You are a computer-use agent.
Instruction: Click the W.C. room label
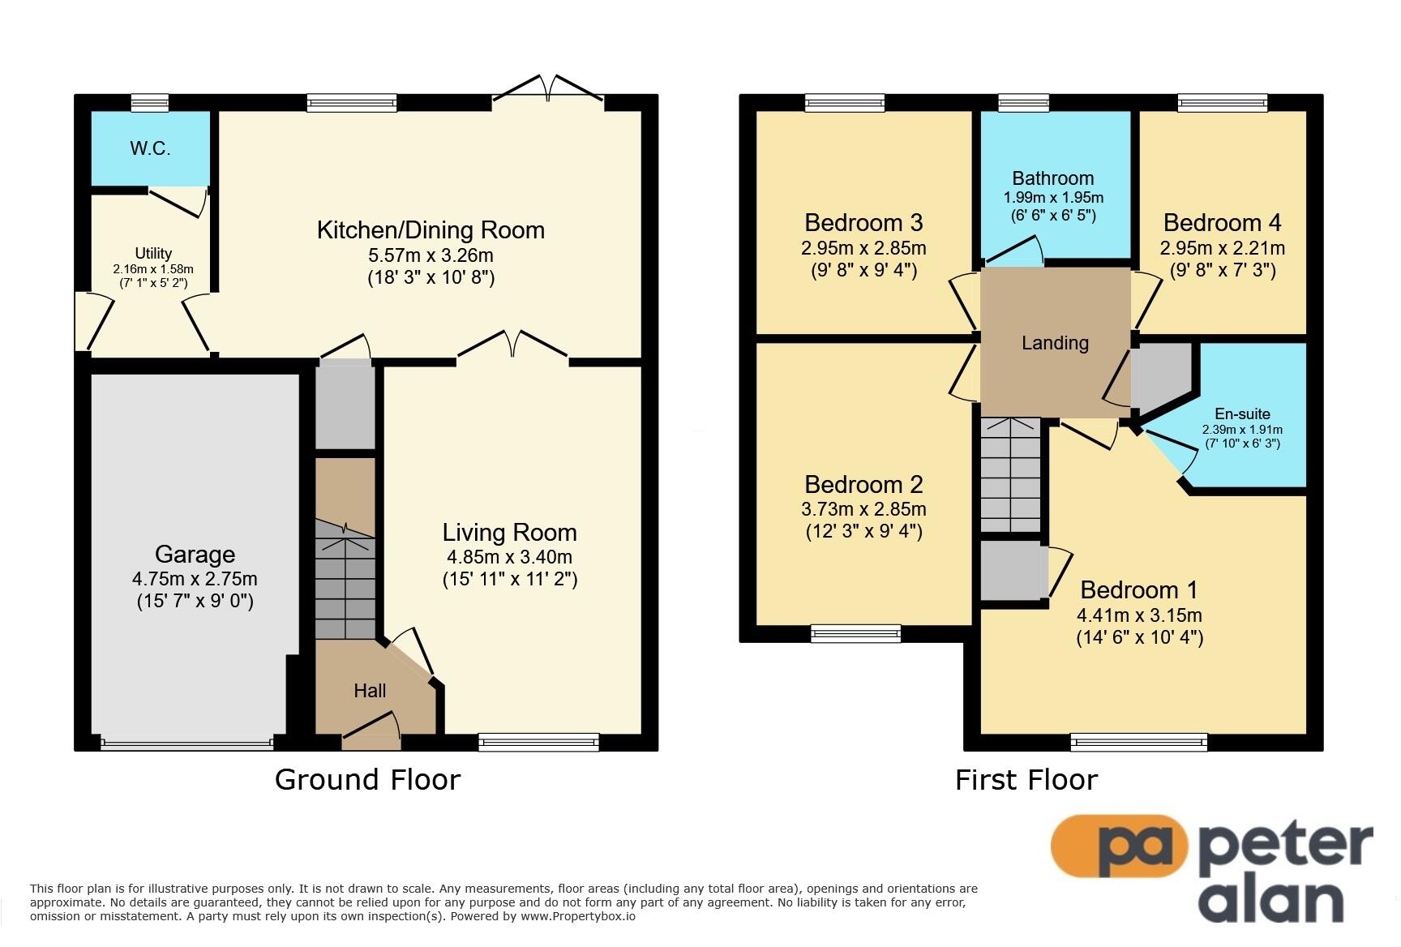(150, 148)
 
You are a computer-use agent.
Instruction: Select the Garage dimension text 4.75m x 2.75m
(195, 579)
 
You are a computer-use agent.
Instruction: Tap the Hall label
(370, 691)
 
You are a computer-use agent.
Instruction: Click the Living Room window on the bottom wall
(538, 741)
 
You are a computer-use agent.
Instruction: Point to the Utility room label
(153, 253)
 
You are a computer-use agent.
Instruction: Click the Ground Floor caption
(367, 779)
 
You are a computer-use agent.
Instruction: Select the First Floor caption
(1026, 779)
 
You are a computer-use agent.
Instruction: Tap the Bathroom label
(1053, 178)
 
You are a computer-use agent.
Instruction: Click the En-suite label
(1242, 414)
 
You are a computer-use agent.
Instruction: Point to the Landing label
(1055, 343)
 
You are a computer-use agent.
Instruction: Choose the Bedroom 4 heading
(1223, 222)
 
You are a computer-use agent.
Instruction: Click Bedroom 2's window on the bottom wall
(856, 632)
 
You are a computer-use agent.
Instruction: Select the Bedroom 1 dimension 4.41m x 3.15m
(1139, 615)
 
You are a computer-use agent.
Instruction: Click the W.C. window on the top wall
(150, 102)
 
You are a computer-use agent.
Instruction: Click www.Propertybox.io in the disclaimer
(577, 916)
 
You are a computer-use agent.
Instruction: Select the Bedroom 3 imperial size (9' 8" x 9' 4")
(863, 270)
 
